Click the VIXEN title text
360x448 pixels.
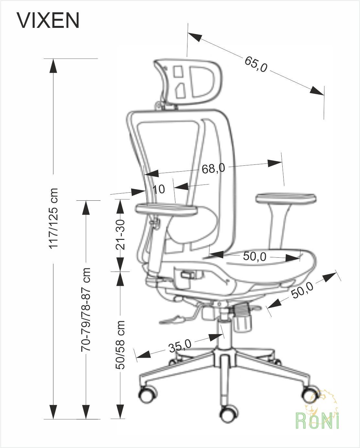pyautogui.click(x=48, y=20)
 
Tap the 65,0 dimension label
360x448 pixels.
pyautogui.click(x=256, y=64)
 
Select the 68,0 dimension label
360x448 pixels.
pyautogui.click(x=213, y=168)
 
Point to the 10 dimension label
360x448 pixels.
pyautogui.click(x=159, y=189)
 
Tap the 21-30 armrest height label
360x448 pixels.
pyautogui.click(x=120, y=234)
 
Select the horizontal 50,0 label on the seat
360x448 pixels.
pyautogui.click(x=255, y=256)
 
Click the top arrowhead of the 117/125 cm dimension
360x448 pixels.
pyautogui.click(x=53, y=65)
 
